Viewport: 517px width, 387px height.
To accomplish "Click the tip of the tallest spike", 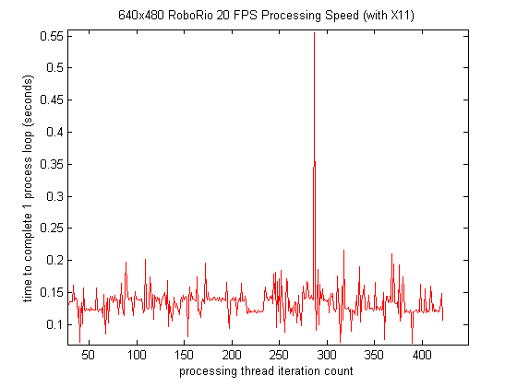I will pyautogui.click(x=315, y=33).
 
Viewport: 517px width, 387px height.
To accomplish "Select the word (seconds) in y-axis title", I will pyautogui.click(x=30, y=152).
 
